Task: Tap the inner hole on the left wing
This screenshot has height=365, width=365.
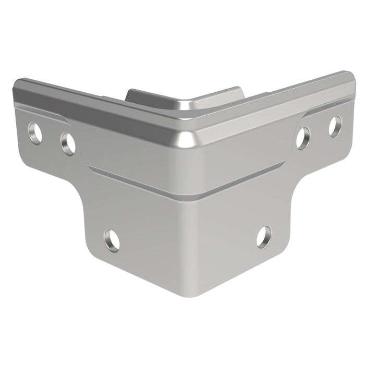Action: pyautogui.click(x=68, y=143)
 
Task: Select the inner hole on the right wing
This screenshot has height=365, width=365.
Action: pyautogui.click(x=303, y=138)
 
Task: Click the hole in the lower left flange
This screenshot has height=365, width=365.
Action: pyautogui.click(x=112, y=240)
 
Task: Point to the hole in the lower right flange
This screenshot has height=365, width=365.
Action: pyautogui.click(x=264, y=237)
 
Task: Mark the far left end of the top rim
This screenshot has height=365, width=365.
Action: pyautogui.click(x=18, y=86)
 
